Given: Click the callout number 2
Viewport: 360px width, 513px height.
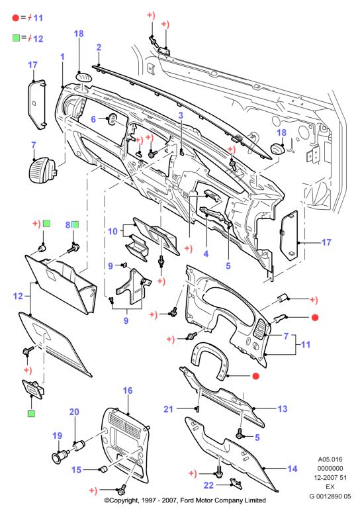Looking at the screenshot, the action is (99, 48).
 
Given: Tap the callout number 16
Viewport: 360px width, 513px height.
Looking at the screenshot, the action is (128, 391).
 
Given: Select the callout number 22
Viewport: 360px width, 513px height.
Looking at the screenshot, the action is (208, 485).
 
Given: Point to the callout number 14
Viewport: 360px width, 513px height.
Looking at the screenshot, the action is (292, 469).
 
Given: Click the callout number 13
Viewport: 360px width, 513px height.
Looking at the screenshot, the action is (282, 408).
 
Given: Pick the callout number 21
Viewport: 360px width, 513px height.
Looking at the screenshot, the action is (168, 409).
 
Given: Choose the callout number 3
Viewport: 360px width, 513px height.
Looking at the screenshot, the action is (181, 115).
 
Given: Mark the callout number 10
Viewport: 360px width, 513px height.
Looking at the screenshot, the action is (112, 231).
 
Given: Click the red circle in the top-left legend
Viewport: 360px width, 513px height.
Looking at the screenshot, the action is (15, 18).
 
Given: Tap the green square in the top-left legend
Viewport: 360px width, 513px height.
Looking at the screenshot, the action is (16, 38).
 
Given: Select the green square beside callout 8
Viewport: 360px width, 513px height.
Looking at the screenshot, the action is (75, 224).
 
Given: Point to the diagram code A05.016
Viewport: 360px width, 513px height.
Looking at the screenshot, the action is (330, 459).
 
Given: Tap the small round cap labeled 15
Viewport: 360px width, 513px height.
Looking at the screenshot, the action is (103, 469).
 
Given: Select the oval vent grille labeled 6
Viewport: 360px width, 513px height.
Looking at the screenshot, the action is (112, 119).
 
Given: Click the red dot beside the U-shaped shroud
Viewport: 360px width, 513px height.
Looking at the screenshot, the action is (256, 376).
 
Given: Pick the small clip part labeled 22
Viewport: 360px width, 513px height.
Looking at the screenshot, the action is (236, 483).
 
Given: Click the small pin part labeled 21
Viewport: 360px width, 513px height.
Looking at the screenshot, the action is (197, 408).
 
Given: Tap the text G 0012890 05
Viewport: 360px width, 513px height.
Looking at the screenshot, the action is (330, 496).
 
